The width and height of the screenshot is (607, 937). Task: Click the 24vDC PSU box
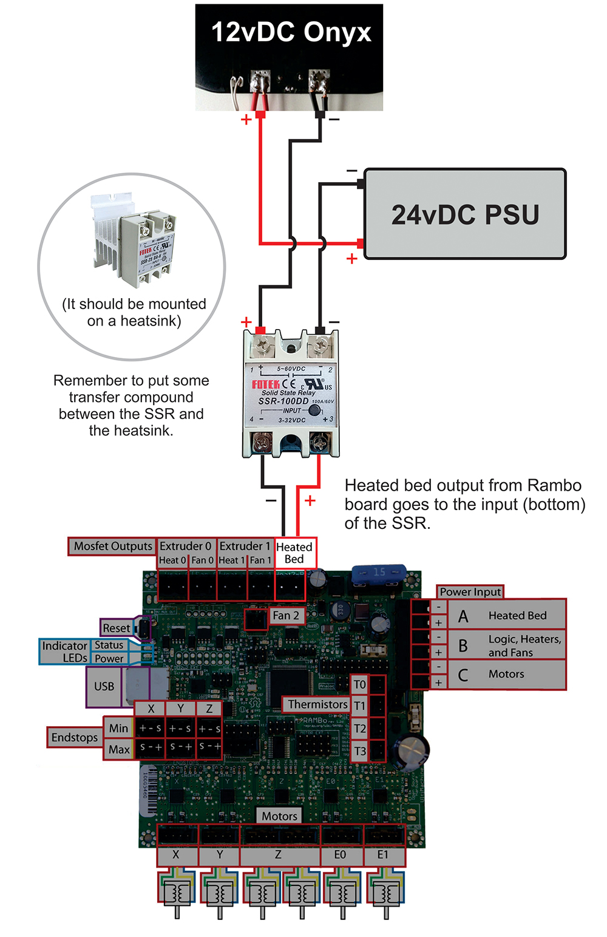pyautogui.click(x=464, y=214)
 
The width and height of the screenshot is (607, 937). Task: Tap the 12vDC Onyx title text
pyautogui.click(x=291, y=32)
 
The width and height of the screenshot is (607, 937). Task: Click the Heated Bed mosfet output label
pyautogui.click(x=294, y=553)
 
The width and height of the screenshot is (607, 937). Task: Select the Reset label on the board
pyautogui.click(x=116, y=628)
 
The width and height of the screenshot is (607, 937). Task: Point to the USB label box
pyautogui.click(x=104, y=686)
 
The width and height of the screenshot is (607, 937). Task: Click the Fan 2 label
pyautogui.click(x=285, y=615)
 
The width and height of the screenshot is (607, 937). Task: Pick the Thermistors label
pyautogui.click(x=317, y=704)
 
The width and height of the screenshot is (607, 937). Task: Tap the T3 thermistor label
pyautogui.click(x=360, y=751)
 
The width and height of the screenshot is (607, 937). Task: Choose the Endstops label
pyautogui.click(x=74, y=737)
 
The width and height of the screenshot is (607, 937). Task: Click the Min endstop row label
pyautogui.click(x=118, y=728)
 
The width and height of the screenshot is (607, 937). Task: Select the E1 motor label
pyautogui.click(x=383, y=855)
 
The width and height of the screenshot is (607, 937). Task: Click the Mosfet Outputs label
pyautogui.click(x=112, y=546)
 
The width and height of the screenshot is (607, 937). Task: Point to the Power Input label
pyautogui.click(x=470, y=591)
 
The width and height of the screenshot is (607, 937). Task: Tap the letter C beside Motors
pyautogui.click(x=463, y=675)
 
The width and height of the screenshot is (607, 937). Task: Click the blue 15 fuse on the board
pyautogui.click(x=379, y=572)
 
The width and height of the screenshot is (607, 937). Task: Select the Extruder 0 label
pyautogui.click(x=185, y=546)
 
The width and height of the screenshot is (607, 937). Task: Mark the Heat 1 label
pyautogui.click(x=231, y=560)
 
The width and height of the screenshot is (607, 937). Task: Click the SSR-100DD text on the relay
pyautogui.click(x=283, y=401)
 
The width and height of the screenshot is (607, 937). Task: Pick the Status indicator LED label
pyautogui.click(x=109, y=645)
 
